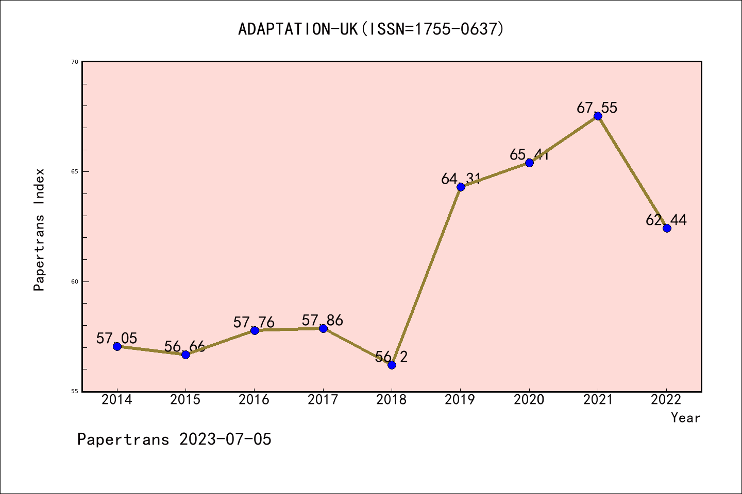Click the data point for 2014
click(117, 346)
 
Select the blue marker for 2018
click(392, 365)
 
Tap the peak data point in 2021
click(598, 116)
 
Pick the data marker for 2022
click(667, 228)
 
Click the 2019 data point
click(461, 187)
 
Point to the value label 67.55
click(597, 108)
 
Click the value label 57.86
click(323, 321)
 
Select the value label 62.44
click(666, 220)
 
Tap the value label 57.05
click(117, 339)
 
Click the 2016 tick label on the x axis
click(254, 400)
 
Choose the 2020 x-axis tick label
click(529, 400)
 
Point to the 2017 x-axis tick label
click(323, 400)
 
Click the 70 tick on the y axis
click(75, 62)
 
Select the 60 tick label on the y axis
click(75, 281)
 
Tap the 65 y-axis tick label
click(75, 171)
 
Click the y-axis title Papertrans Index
click(39, 230)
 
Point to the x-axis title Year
click(685, 418)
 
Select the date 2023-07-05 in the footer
click(225, 439)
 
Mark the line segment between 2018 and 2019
click(426, 276)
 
